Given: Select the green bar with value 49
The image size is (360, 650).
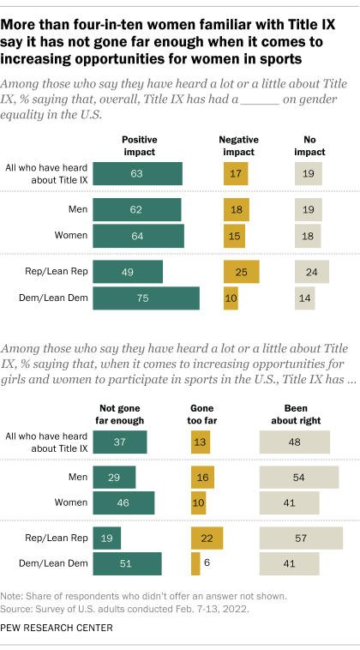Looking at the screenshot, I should [x=128, y=273].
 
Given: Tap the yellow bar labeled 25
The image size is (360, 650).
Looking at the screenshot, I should [x=241, y=273].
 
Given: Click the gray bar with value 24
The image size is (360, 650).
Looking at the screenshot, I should [x=311, y=273].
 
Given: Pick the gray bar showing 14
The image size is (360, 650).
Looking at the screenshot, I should [x=304, y=298].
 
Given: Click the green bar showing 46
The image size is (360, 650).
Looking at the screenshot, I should [x=123, y=502].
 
